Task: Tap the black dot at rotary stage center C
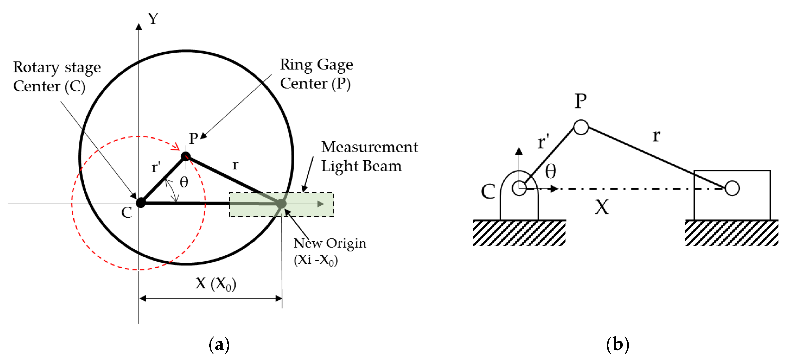(141, 202)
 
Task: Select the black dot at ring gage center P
(186, 156)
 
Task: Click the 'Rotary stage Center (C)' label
(57, 77)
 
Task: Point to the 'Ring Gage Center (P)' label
(316, 74)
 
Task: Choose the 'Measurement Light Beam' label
(369, 156)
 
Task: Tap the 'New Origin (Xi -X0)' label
(330, 251)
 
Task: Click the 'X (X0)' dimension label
(216, 283)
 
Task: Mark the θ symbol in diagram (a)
(184, 182)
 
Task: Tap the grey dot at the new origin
(281, 203)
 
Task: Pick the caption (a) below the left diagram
(219, 345)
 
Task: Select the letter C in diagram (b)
(488, 192)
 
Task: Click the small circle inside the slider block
(732, 188)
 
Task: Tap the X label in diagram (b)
(602, 207)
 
